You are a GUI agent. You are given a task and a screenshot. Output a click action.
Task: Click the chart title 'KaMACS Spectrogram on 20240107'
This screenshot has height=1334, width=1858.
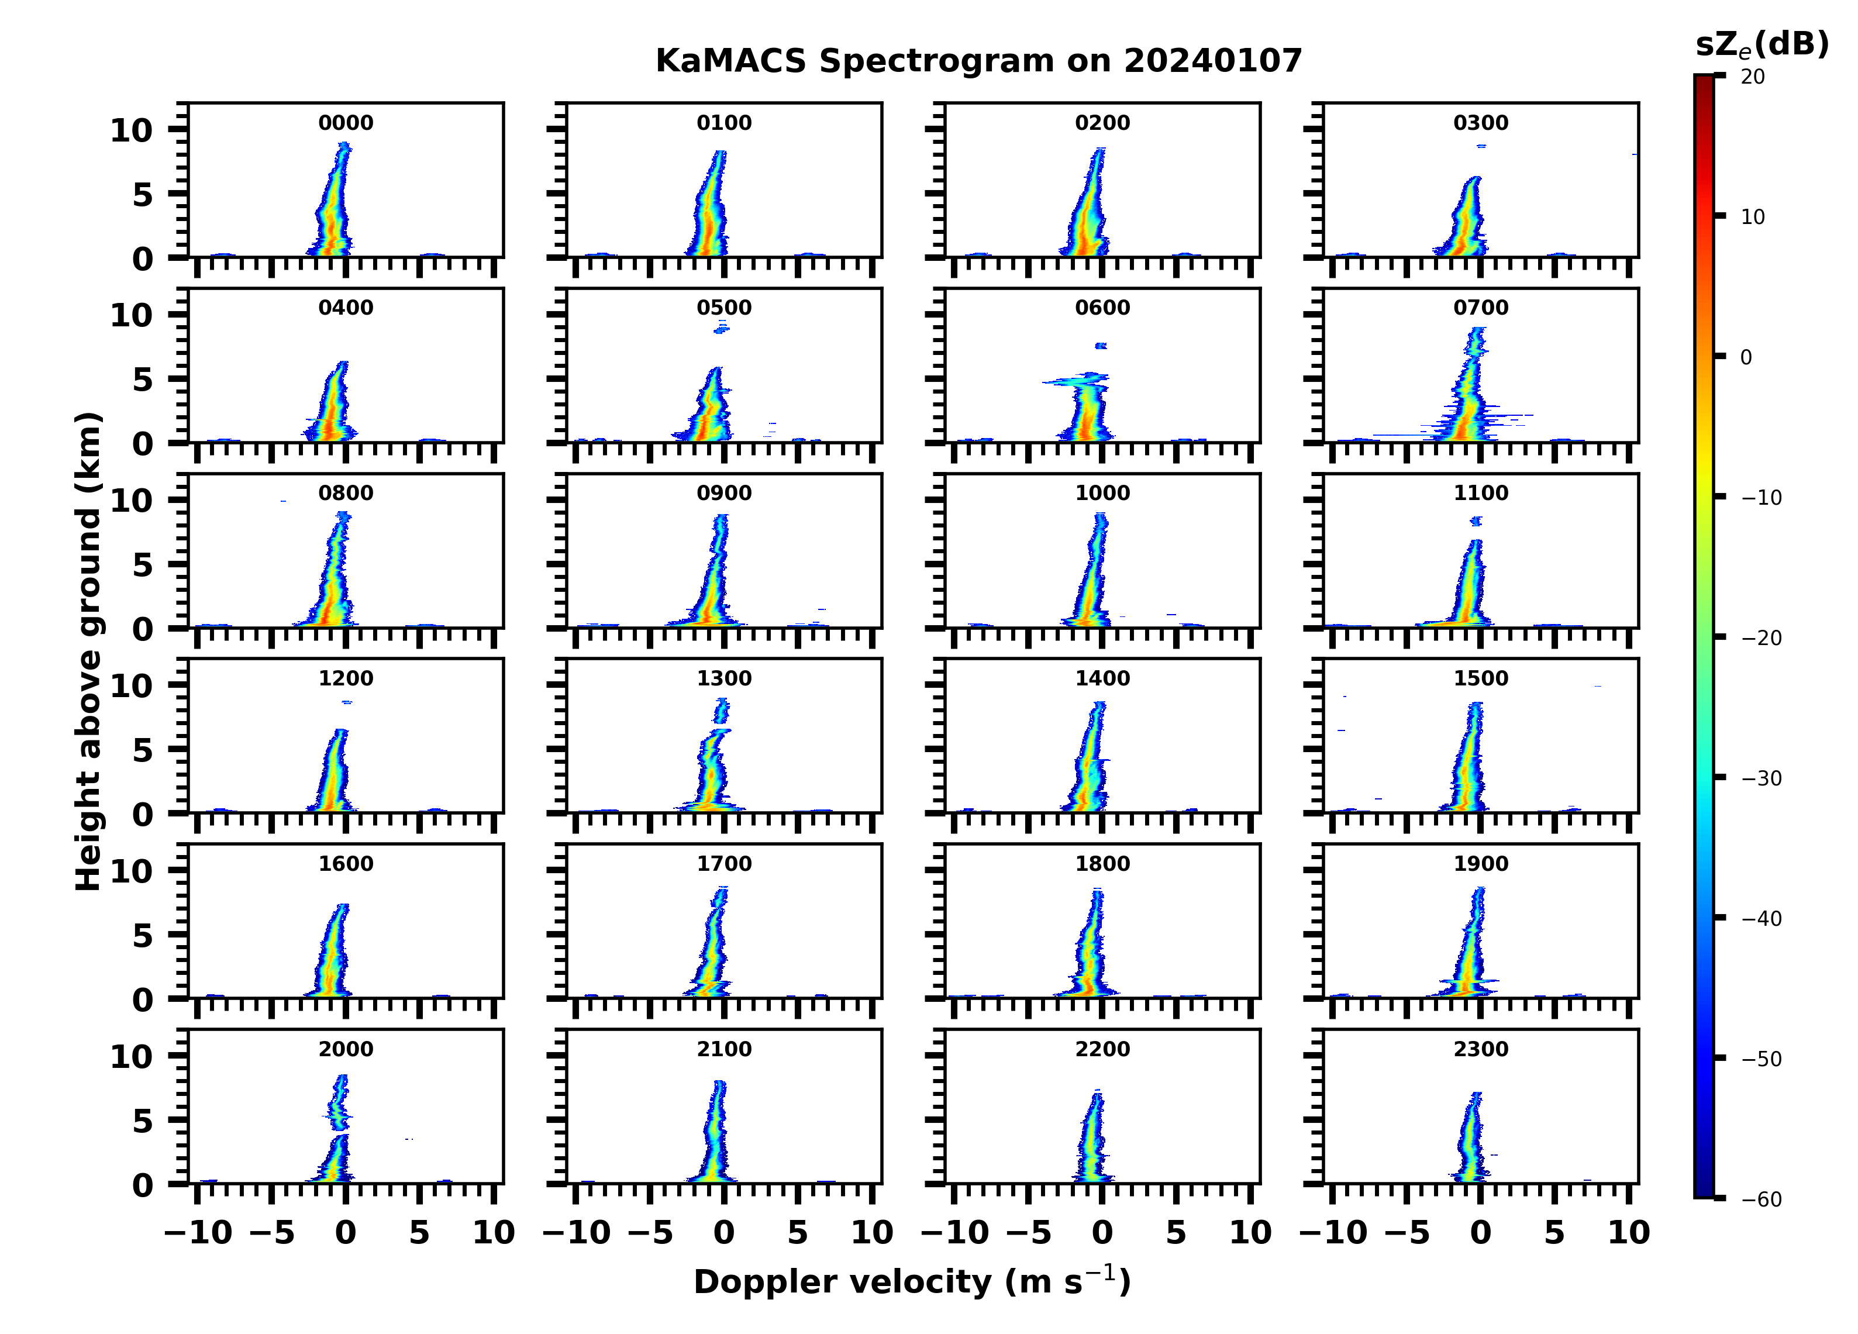coord(978,61)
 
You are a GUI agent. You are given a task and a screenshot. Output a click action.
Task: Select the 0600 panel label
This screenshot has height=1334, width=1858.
coord(1102,308)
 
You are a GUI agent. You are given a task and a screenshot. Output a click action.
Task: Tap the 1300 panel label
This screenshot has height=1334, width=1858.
coord(723,678)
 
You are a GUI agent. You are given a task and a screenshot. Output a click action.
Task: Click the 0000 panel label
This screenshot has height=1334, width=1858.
coord(345,123)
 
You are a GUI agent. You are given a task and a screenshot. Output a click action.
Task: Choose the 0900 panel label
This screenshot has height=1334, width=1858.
coord(723,493)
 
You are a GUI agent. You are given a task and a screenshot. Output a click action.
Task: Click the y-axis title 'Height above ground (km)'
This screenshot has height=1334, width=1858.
coord(88,652)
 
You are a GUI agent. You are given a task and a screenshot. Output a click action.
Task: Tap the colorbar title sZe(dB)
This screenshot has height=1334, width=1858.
coord(1762,45)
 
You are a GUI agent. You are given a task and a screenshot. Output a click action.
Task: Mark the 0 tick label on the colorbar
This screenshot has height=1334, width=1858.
coord(1746,357)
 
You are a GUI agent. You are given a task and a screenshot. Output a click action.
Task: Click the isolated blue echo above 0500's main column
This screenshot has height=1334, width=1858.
coord(722,328)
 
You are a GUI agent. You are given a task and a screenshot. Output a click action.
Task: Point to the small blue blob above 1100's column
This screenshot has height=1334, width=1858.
coord(1476,520)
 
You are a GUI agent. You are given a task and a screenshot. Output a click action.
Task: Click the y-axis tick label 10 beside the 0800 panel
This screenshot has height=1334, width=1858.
coord(131,501)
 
